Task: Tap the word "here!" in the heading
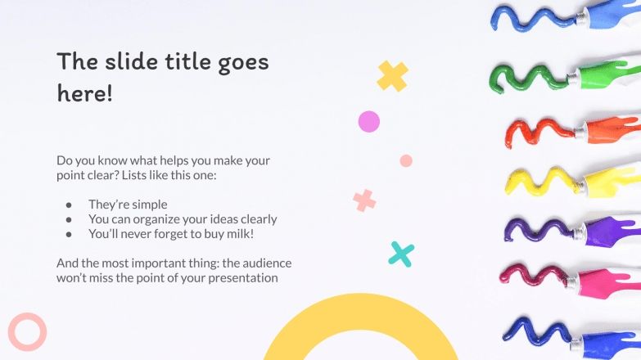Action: pos(84,93)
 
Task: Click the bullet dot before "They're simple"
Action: pos(70,205)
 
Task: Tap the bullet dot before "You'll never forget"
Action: pos(70,234)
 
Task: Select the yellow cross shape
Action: pos(392,76)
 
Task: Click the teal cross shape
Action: pos(401,254)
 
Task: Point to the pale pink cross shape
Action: pos(364,200)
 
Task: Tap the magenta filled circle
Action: pos(369,122)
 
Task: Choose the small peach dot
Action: pos(406,160)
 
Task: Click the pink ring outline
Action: pos(27,331)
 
